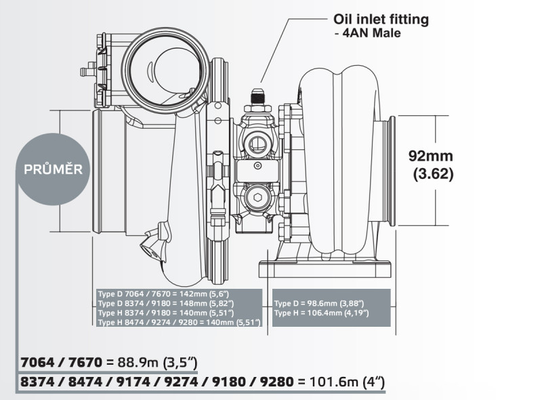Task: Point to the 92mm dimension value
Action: click(430, 155)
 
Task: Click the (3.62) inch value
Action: click(433, 174)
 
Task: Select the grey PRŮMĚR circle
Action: click(53, 168)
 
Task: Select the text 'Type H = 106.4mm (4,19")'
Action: click(322, 314)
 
